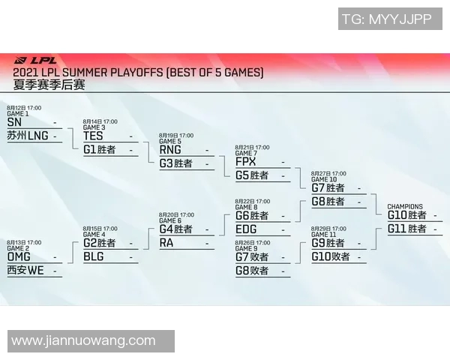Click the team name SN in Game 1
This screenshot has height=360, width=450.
tap(14, 122)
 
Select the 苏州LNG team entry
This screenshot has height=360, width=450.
tap(27, 136)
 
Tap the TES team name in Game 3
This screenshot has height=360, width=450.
tap(93, 136)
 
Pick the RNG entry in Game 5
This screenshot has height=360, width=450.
tap(170, 149)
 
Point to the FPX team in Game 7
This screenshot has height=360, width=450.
tap(245, 161)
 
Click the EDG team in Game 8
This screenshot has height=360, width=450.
tap(246, 229)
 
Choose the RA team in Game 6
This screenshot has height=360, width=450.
tap(166, 242)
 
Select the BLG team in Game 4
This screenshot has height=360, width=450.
tap(94, 256)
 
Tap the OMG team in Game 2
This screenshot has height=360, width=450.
tap(19, 256)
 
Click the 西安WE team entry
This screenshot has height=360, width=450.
tap(25, 270)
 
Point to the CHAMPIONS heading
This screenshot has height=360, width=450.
tap(405, 206)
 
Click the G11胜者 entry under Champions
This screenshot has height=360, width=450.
tap(406, 229)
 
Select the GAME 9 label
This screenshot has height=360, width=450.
tap(246, 248)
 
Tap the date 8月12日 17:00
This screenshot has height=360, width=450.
tap(24, 108)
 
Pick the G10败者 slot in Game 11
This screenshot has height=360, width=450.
tap(331, 256)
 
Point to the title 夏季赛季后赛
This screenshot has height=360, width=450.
tap(49, 85)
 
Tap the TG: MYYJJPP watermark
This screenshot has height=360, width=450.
tap(387, 19)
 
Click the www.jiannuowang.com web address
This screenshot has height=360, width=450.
tap(83, 341)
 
